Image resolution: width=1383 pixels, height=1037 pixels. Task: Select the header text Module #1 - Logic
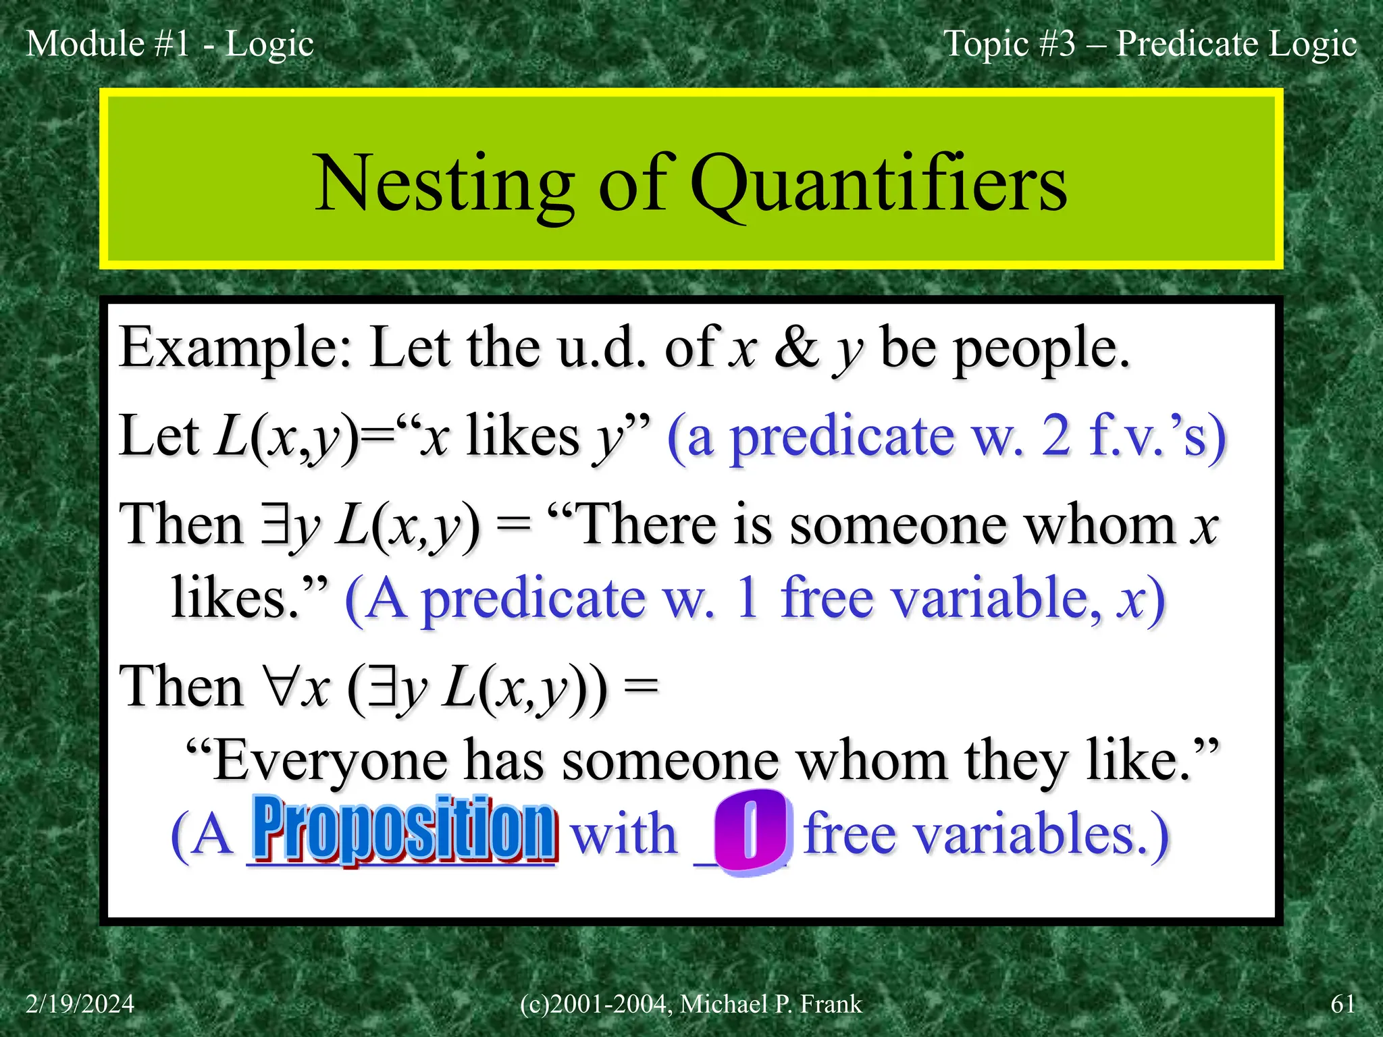169,44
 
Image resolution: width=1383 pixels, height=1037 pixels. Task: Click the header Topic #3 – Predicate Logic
1149,44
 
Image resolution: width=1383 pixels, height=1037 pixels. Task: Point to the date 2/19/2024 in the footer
80,1004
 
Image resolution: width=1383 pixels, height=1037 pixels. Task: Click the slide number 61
1342,1004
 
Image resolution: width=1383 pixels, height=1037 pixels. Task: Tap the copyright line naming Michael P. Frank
691,1004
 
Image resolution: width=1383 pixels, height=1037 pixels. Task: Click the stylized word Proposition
404,829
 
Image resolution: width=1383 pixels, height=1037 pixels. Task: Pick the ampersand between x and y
797,348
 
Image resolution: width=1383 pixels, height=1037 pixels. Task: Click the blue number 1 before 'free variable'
747,598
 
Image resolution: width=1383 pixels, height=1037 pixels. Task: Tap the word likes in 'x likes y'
523,436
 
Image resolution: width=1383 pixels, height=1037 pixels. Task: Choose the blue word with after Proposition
623,834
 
